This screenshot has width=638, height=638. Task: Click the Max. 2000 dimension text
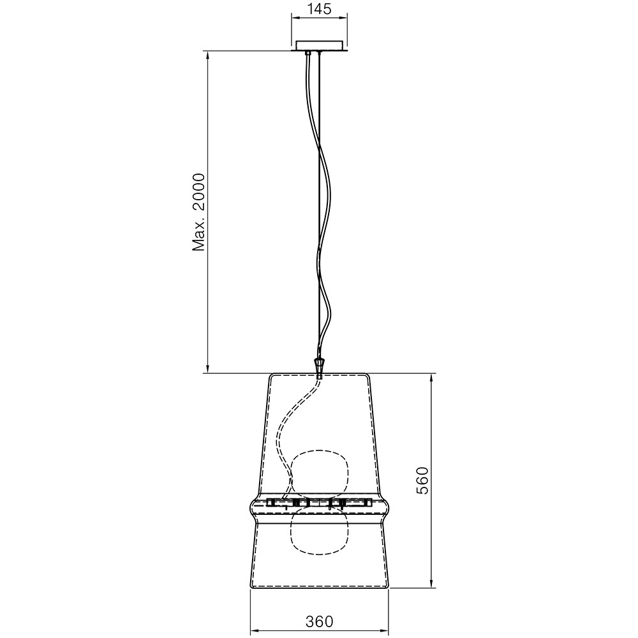point(200,211)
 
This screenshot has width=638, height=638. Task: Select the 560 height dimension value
point(422,480)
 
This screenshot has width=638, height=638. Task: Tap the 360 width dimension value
point(319,621)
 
